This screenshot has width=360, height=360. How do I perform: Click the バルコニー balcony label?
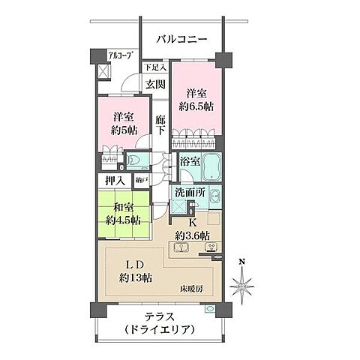[181, 40]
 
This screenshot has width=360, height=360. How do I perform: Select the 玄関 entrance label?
[154, 84]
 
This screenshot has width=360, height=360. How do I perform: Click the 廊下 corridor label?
[160, 124]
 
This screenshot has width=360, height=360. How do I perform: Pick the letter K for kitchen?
[192, 223]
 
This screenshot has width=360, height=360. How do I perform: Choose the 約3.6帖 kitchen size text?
[192, 235]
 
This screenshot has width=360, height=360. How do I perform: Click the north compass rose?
[241, 284]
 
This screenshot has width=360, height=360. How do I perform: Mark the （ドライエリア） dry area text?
[159, 330]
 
